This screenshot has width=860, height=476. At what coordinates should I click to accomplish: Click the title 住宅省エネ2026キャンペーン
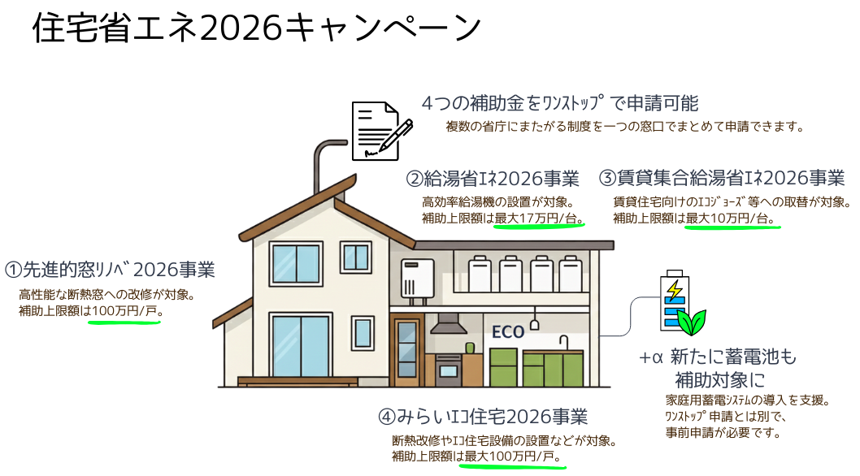click(x=257, y=28)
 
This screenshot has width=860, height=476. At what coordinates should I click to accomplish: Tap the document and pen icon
click(x=382, y=131)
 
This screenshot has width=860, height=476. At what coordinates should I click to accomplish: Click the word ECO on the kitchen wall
click(x=508, y=332)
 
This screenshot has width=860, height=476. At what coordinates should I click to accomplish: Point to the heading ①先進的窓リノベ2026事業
click(x=110, y=270)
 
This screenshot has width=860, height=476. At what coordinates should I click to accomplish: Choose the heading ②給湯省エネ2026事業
click(x=493, y=179)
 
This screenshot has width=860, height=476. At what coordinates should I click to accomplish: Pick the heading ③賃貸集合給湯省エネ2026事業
click(x=722, y=178)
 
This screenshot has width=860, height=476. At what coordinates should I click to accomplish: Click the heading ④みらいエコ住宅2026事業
click(x=483, y=417)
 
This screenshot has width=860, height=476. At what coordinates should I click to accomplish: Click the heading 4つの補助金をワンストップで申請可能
click(x=560, y=103)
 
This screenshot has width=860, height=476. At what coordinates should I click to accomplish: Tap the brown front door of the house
click(x=406, y=350)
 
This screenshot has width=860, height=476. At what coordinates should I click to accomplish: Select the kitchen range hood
click(x=449, y=324)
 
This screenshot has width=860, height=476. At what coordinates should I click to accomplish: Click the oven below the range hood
click(x=449, y=370)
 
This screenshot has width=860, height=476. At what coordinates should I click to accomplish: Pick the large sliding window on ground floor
click(x=301, y=345)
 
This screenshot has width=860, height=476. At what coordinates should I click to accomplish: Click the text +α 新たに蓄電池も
click(x=718, y=357)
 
